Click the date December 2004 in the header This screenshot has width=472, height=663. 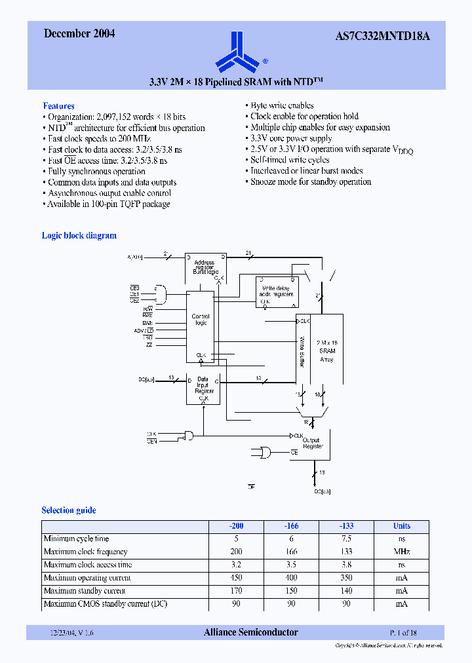(79, 34)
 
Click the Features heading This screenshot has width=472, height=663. (58, 105)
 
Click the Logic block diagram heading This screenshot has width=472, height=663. (79, 236)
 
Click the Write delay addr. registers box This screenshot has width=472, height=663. (276, 291)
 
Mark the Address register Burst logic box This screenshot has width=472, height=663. (205, 266)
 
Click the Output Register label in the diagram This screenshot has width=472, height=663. (313, 443)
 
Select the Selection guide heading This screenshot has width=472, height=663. (69, 510)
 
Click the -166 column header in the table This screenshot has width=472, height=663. (291, 526)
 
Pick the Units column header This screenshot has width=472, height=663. (401, 526)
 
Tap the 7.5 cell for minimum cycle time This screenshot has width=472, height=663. (346, 539)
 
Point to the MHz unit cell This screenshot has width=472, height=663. (401, 552)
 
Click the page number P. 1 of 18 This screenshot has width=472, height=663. (403, 633)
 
